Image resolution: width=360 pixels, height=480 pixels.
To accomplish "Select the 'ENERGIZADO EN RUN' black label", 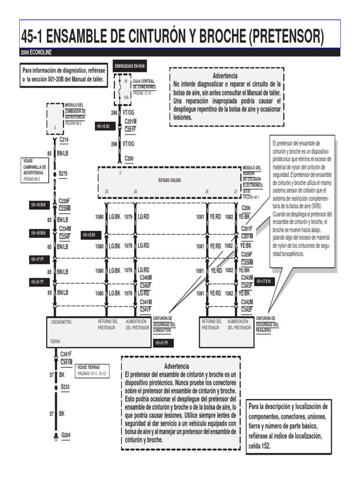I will click(x=130, y=66).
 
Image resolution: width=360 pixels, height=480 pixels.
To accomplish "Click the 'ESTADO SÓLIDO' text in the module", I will click(x=170, y=180).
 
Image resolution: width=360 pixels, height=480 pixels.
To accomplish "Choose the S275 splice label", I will click(x=63, y=173).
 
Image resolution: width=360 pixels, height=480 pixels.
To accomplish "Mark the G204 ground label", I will click(x=66, y=435).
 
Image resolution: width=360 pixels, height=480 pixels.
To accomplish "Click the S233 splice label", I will click(x=65, y=387).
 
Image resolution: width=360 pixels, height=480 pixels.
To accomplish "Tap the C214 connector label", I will click(x=64, y=140).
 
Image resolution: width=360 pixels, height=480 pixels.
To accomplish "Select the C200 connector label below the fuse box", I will click(x=129, y=158).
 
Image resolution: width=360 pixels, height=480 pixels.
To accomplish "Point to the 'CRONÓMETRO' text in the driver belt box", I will click(x=61, y=322).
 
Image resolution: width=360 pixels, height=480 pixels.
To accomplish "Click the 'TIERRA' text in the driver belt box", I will click(x=55, y=342).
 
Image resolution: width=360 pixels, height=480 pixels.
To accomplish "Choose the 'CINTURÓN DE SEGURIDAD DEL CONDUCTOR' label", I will click(x=165, y=324).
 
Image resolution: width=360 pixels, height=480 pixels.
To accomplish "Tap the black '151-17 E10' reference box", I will click(x=263, y=281).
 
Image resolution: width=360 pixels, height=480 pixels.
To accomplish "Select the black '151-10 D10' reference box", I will click(x=38, y=205).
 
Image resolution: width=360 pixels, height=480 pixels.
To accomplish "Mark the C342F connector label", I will click(x=247, y=309).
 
